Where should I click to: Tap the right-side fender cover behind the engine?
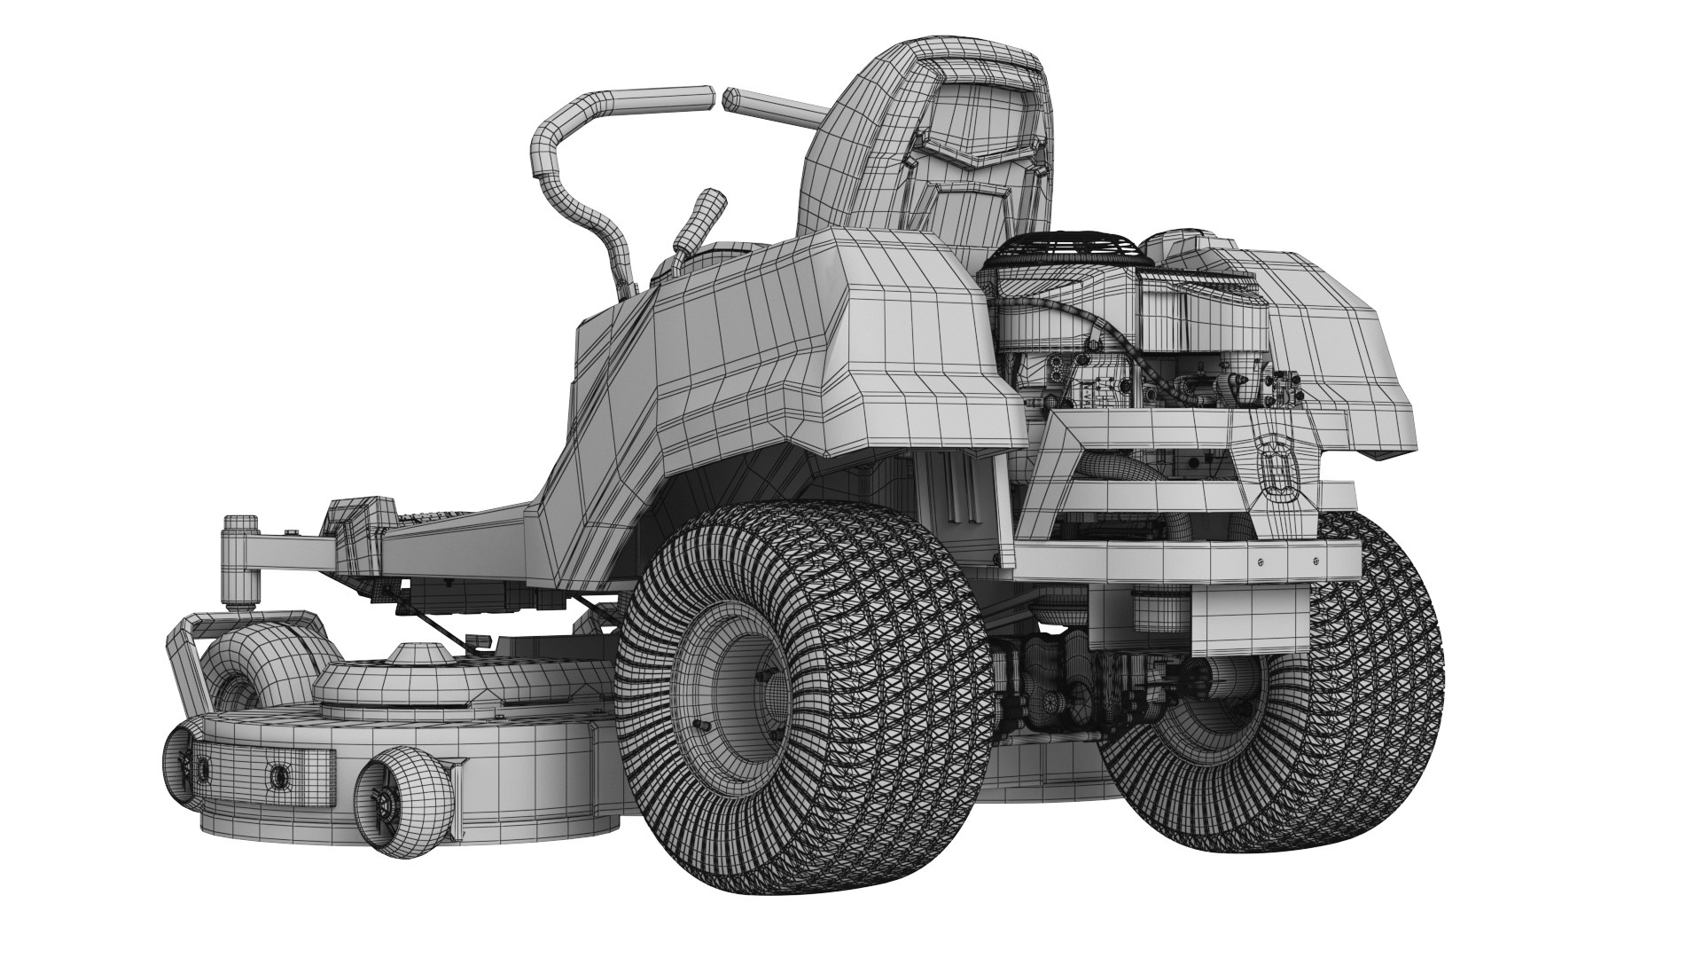pos(1330,328)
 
